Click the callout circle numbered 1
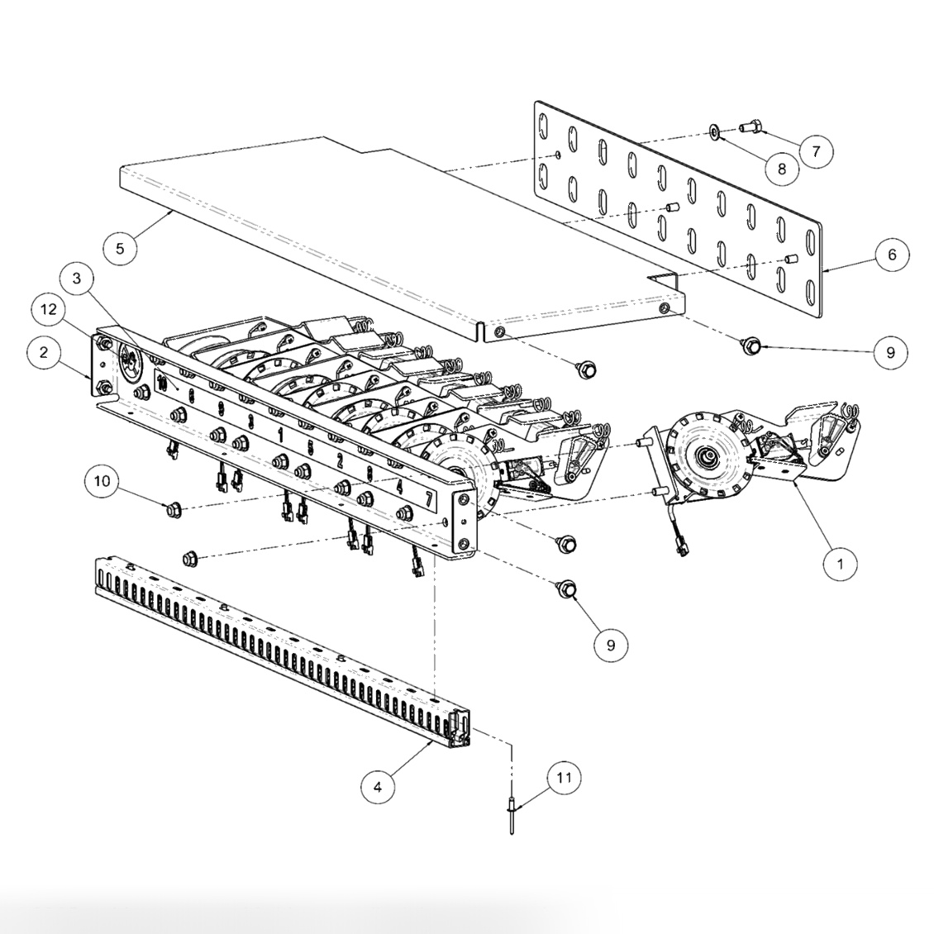(841, 565)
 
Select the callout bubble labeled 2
(43, 353)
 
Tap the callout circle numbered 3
(77, 279)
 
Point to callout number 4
(378, 787)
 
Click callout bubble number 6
(892, 255)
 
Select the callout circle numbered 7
(816, 151)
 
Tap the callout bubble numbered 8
(783, 169)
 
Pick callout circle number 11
(564, 778)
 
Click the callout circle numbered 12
(50, 309)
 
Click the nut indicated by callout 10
(173, 511)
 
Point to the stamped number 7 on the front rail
(428, 498)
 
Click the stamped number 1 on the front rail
(280, 434)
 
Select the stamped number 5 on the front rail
(310, 448)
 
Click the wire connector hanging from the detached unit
(684, 546)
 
